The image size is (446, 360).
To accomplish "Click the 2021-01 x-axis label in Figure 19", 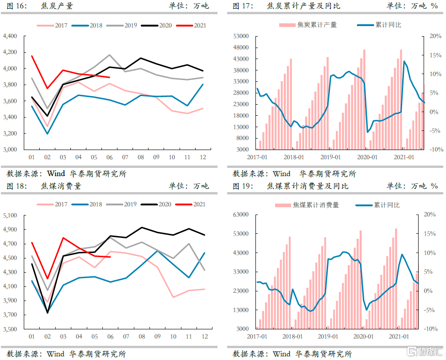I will coord(398,337).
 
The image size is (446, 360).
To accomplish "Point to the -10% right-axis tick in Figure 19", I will coord(430,329).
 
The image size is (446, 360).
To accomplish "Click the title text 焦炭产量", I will coord(57,6).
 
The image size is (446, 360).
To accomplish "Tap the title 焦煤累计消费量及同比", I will coord(308,186).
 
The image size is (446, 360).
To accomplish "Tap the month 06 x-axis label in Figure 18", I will coord(110,337).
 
